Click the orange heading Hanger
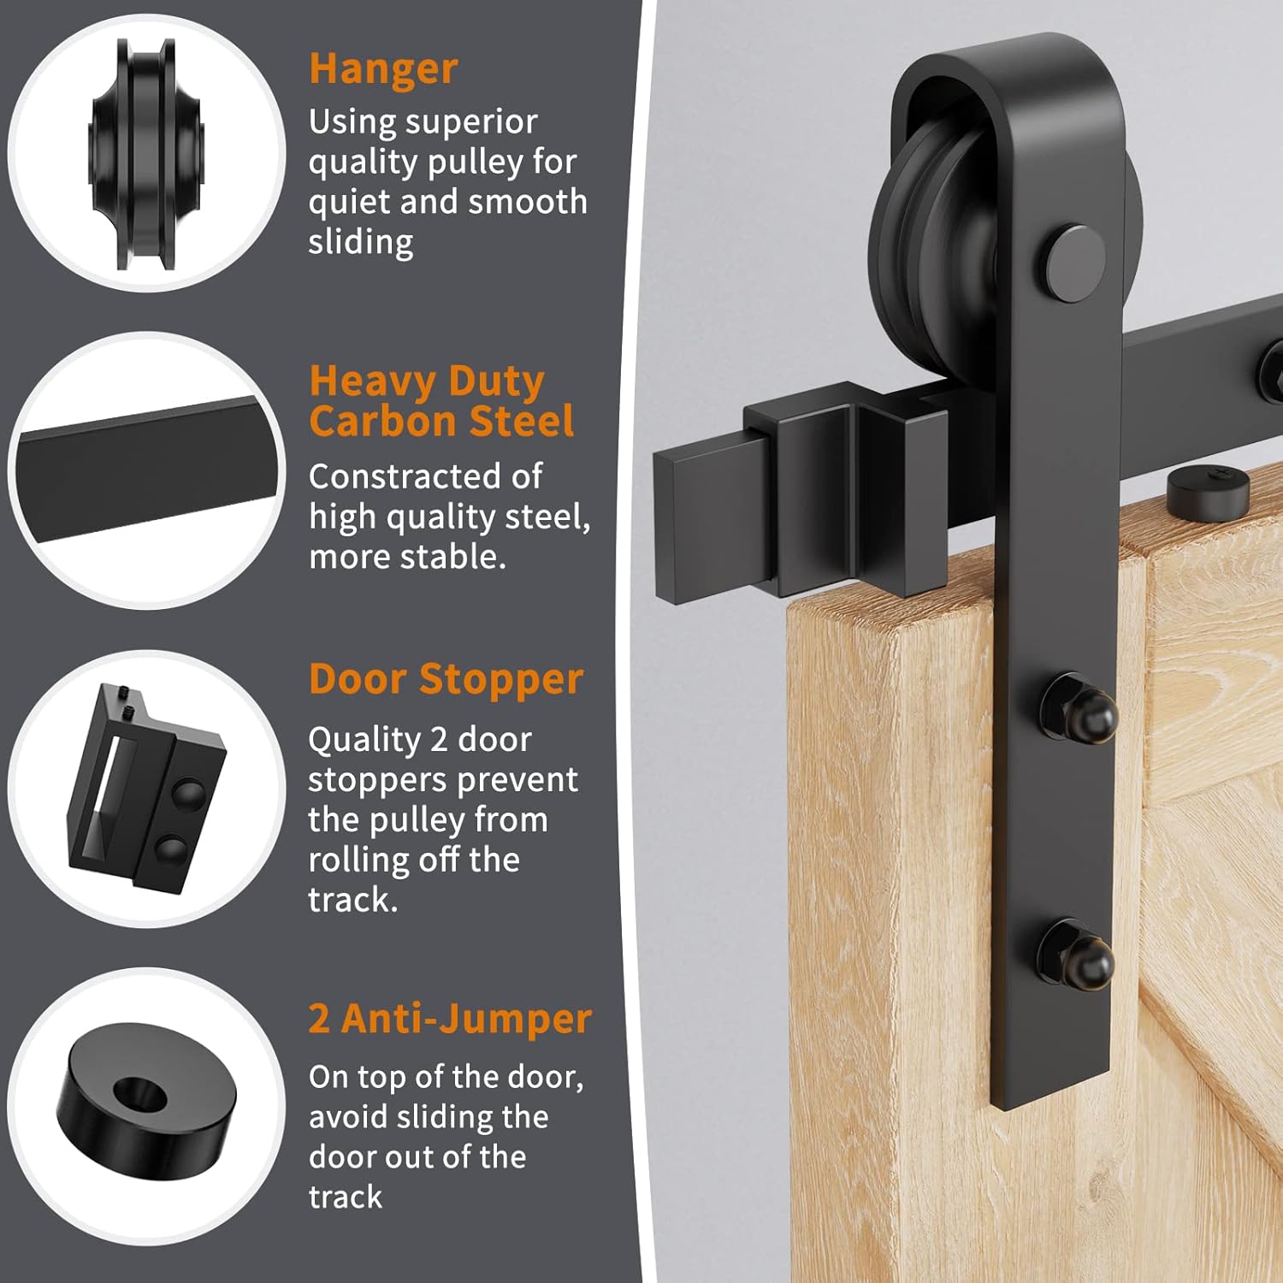[383, 69]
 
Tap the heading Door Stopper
[446, 680]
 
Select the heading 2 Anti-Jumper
[450, 1019]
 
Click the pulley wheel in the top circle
[146, 154]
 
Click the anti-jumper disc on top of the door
[1207, 489]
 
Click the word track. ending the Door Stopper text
[352, 899]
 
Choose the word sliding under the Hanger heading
[360, 242]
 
